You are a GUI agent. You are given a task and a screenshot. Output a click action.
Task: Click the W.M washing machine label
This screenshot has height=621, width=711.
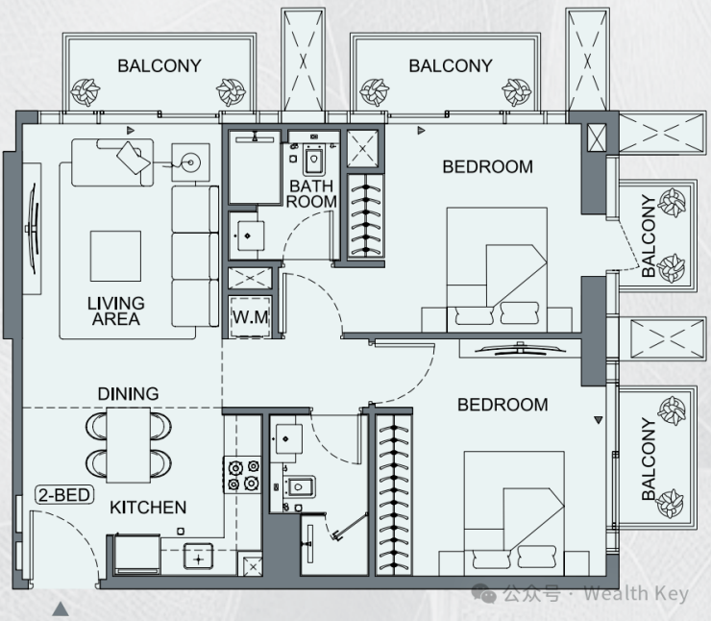pyautogui.click(x=251, y=316)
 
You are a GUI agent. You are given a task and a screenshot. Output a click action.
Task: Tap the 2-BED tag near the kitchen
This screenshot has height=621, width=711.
pyautogui.click(x=64, y=494)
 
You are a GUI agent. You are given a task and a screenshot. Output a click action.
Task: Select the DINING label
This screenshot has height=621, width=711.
pyautogui.click(x=129, y=393)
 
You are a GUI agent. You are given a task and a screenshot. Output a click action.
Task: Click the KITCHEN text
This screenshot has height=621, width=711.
pyautogui.click(x=148, y=508)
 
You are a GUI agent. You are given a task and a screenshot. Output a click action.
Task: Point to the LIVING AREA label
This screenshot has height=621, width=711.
pyautogui.click(x=116, y=311)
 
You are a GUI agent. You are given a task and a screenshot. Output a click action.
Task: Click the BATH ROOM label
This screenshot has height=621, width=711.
pyautogui.click(x=311, y=193)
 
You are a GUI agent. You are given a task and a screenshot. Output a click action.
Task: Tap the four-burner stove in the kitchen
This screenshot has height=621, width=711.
pyautogui.click(x=242, y=475)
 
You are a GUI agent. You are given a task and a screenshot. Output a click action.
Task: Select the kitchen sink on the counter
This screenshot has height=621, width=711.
pyautogui.click(x=198, y=557)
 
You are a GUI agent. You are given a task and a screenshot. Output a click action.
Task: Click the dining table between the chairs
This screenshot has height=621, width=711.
pyautogui.click(x=129, y=445)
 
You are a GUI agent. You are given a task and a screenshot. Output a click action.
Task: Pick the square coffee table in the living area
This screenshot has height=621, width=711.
pyautogui.click(x=115, y=256)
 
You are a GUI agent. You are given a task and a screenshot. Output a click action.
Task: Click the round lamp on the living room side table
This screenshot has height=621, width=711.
pyautogui.click(x=191, y=161)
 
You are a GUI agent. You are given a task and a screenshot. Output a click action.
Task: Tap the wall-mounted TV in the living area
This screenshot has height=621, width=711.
pyautogui.click(x=33, y=228)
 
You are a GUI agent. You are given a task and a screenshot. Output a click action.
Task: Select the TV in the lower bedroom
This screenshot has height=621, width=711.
pyautogui.click(x=520, y=348)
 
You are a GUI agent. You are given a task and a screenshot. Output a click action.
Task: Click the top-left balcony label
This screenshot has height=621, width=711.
pyautogui.click(x=159, y=66)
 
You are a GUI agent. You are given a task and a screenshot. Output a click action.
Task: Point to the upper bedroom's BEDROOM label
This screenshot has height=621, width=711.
pyautogui.click(x=487, y=167)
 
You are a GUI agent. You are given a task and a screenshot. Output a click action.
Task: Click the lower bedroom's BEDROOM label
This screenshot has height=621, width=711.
pyautogui.click(x=503, y=405)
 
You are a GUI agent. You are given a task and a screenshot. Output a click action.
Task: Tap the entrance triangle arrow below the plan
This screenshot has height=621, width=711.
pyautogui.click(x=61, y=609)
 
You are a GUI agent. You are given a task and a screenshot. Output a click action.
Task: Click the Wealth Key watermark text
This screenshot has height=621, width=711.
pyautogui.click(x=636, y=593)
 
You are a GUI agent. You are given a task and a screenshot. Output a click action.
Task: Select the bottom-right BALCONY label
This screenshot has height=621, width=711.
pyautogui.click(x=649, y=460)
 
